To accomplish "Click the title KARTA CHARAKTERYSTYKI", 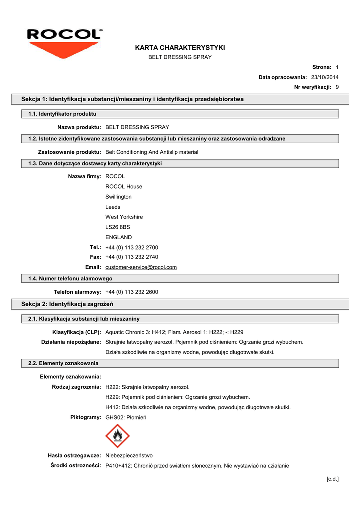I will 180,47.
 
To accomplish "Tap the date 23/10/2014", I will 325,77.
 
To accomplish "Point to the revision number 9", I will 337,87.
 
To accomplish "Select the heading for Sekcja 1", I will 132,99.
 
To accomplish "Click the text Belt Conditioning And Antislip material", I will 152,152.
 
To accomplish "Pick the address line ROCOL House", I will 124,187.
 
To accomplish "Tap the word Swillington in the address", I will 118,197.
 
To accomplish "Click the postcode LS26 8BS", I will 117,227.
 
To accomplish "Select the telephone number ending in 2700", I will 132,247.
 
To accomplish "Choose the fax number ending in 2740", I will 132,257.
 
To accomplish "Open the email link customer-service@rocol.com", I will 141,267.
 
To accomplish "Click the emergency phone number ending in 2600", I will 132,292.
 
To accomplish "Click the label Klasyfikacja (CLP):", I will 77,332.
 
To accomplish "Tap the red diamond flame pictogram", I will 118,436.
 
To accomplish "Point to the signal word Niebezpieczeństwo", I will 129,455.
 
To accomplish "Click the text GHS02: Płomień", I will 126,417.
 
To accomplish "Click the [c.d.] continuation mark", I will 332,479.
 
